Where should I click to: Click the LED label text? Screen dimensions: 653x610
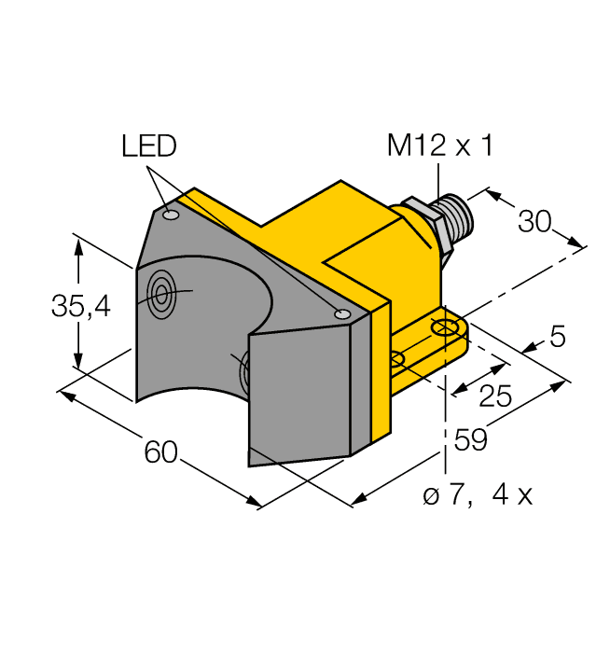(148, 146)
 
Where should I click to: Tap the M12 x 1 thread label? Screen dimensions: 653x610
(439, 146)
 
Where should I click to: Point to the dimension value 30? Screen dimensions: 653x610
(534, 222)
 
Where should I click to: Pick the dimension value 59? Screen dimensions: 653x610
(471, 439)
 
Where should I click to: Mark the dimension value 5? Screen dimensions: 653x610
(558, 338)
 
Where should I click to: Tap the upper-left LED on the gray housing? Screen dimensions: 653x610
(170, 216)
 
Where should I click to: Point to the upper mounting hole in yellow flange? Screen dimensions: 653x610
(445, 327)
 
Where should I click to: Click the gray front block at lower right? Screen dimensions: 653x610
(298, 392)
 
